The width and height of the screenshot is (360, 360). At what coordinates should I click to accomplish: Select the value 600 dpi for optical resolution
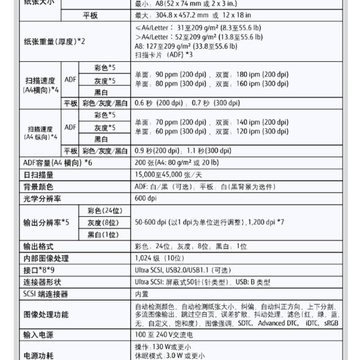(x=146, y=198)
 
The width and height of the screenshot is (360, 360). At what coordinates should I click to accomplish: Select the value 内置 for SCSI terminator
(x=142, y=294)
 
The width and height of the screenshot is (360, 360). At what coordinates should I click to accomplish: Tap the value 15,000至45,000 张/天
(x=168, y=175)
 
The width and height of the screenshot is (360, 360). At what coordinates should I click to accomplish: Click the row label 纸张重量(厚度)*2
(x=54, y=41)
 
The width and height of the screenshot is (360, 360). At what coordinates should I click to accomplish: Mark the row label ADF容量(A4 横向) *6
(x=57, y=162)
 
